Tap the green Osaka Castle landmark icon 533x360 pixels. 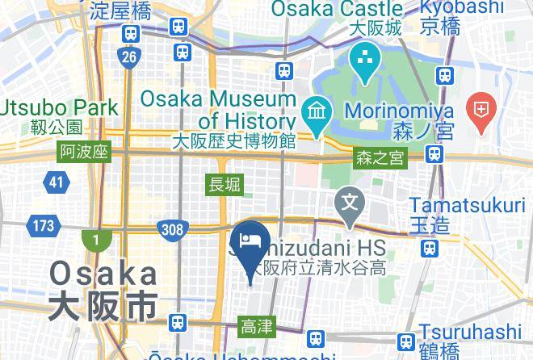coord(365,60)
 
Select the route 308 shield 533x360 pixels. coord(172,230)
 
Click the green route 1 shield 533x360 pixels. coord(94,241)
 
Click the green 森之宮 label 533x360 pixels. coord(380,159)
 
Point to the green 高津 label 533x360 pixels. coord(258,327)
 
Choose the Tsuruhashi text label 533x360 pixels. coord(475,333)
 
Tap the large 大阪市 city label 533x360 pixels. coord(102,307)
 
